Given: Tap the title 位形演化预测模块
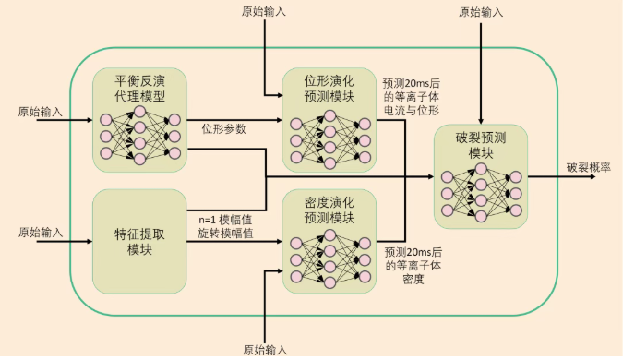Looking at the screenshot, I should coord(329,89).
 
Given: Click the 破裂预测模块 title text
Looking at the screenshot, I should coord(481,145).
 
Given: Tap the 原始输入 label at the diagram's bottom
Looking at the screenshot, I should coord(265,350).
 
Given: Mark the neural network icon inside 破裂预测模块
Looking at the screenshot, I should coord(480,193).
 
